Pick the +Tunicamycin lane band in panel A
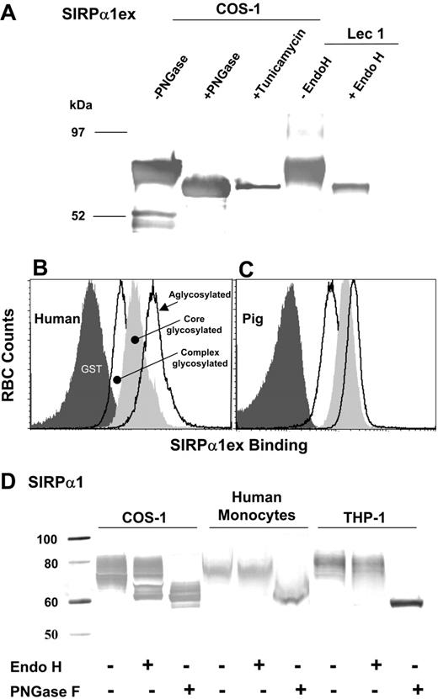coord(258,187)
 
